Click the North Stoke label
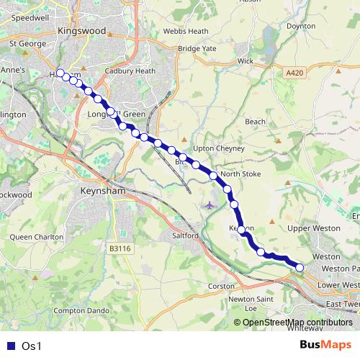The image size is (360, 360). click(x=240, y=174)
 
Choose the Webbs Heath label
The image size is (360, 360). click(x=185, y=32)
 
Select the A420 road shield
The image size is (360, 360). click(x=294, y=73)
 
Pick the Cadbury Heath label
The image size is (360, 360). click(x=130, y=71)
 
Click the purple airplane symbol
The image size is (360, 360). click(x=210, y=205)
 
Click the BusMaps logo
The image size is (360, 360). click(x=325, y=346)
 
